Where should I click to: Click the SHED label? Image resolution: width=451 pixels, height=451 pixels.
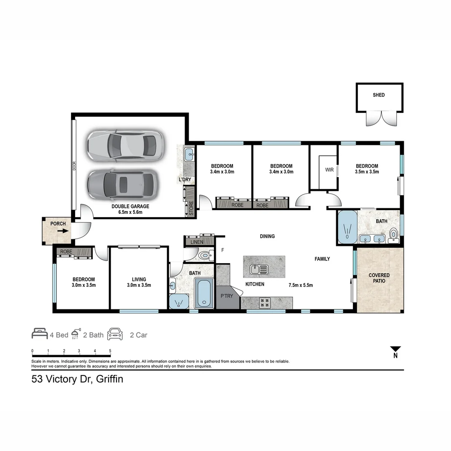pos(379,95)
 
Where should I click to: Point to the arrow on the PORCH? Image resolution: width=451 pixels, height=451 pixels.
pos(63,231)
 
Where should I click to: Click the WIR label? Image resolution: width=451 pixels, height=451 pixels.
pos(329,170)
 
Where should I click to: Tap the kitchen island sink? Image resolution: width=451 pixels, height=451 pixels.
pos(258,269)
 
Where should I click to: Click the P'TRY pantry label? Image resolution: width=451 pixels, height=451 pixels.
pos(226,296)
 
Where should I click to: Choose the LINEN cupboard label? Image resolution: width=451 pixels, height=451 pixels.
pos(197,242)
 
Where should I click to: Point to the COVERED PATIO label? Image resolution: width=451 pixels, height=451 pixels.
pos(379,278)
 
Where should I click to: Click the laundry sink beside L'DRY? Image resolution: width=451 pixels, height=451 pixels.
pos(188,154)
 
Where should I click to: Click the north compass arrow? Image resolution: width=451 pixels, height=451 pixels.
pos(395,349)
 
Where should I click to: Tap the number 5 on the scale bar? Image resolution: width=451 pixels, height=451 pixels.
pos(110,351)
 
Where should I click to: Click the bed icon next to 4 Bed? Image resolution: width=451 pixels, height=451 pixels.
pos(40,334)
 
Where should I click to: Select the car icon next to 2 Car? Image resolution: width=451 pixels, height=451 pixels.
pos(115,334)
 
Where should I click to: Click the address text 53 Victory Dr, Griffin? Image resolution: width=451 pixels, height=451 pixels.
pos(77,380)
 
